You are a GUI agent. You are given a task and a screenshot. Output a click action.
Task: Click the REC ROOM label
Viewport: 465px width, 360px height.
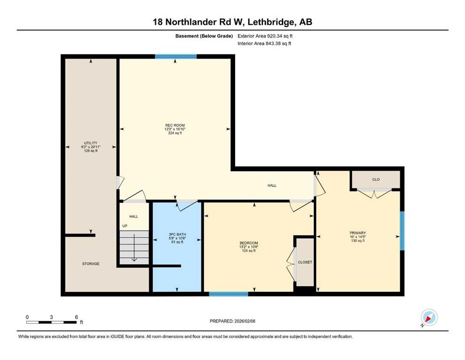coord(175,125)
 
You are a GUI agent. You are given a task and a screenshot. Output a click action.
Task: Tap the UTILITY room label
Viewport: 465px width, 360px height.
coord(90,143)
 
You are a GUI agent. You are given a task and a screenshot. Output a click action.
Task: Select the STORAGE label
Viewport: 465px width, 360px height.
coord(91,264)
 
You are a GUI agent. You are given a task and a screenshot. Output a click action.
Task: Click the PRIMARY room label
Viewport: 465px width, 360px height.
coord(357,233)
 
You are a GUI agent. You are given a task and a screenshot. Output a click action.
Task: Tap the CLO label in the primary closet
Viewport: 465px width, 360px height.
coord(376,180)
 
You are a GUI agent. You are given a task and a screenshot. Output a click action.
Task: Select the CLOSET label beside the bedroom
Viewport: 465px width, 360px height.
coord(304,262)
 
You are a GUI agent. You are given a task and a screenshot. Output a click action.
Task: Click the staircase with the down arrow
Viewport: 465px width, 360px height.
coord(134,246)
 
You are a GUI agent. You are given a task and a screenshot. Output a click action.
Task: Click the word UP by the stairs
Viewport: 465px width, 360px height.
coord(125,226)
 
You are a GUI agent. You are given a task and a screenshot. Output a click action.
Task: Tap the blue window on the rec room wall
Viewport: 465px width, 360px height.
coord(176,57)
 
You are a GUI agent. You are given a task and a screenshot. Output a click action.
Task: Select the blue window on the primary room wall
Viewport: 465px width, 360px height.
coord(401,231)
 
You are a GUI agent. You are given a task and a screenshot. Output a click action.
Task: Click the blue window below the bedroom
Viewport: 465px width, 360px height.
coord(228,294)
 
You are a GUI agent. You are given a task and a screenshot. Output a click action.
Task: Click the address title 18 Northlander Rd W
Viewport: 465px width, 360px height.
coord(232,22)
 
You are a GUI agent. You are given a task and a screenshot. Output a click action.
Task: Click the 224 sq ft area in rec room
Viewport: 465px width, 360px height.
coord(175,133)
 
